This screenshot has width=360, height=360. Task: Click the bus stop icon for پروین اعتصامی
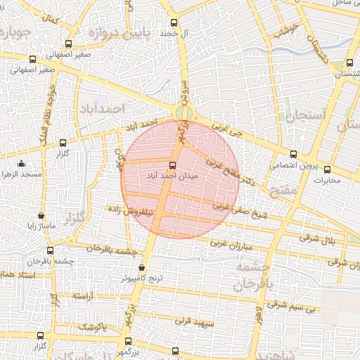coord(294,154)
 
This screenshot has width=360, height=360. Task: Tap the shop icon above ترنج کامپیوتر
coord(143,267)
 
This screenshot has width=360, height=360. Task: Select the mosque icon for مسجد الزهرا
coord(20,163)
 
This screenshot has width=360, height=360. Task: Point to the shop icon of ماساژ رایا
coord(41,216)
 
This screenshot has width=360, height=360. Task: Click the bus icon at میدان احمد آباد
coord(173,165)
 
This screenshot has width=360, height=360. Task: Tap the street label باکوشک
coord(91,326)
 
